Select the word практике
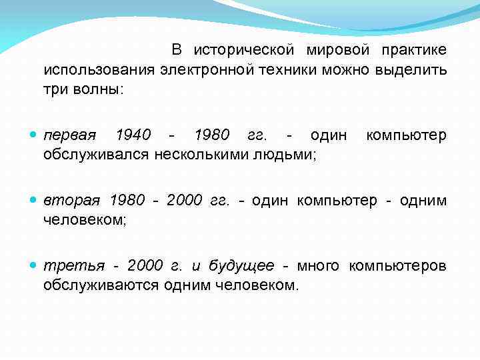pyautogui.click(x=414, y=51)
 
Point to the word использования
pyautogui.click(x=99, y=69)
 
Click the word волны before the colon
pyautogui.click(x=99, y=88)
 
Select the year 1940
pyautogui.click(x=133, y=136)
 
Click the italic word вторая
pyautogui.click(x=72, y=201)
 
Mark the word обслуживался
pyautogui.click(x=97, y=155)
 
